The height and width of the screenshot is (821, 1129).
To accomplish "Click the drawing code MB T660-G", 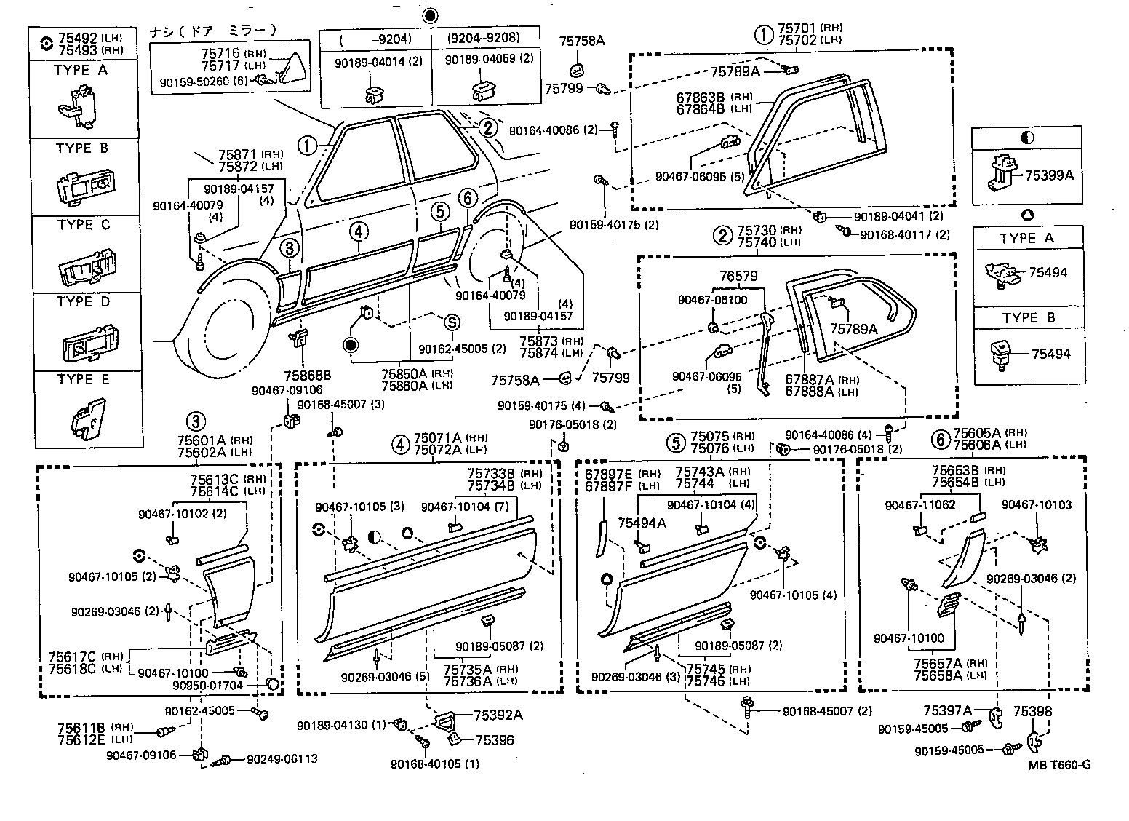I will tap(1059, 764).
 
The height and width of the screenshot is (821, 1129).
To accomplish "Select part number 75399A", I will tap(1049, 175).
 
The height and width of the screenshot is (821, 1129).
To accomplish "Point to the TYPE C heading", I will tap(83, 225).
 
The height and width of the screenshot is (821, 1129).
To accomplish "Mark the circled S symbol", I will tap(452, 322).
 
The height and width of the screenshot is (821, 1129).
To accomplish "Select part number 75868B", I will tap(307, 375).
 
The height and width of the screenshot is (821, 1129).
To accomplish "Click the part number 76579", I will tap(738, 277).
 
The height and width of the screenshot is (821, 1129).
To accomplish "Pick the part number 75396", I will tap(495, 740).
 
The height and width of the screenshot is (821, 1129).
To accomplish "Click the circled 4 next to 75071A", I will tap(400, 443).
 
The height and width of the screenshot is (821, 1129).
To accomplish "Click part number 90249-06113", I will tap(282, 759).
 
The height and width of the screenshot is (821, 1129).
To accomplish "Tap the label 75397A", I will tap(947, 710).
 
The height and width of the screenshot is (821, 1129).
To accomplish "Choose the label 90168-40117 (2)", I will tap(904, 234).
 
